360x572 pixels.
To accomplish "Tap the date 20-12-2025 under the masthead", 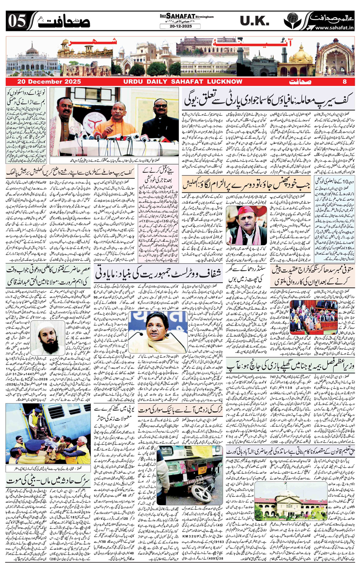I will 180,26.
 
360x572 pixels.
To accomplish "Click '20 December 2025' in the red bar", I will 49,82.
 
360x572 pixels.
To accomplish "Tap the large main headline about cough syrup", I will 268,100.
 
